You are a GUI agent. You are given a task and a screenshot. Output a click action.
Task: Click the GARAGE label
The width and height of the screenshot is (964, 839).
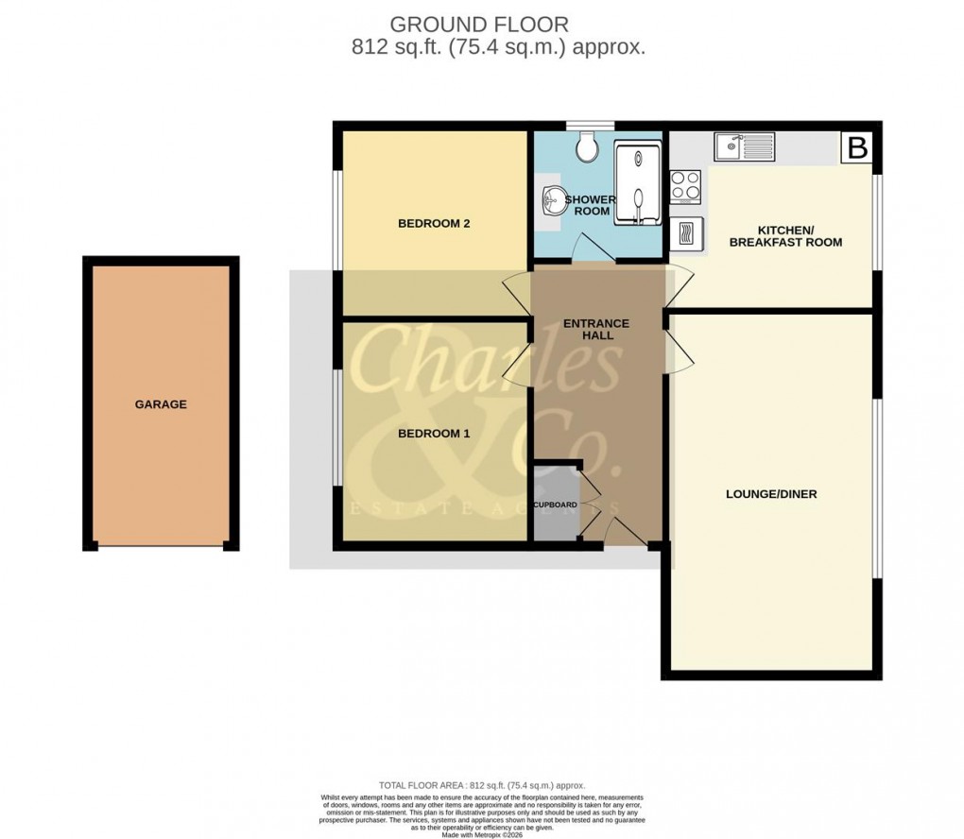point(160,404)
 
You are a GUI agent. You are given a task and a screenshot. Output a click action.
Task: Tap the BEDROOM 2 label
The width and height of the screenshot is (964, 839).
point(434,224)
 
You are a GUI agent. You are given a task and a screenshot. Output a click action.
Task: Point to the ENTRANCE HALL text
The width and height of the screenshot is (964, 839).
point(595,330)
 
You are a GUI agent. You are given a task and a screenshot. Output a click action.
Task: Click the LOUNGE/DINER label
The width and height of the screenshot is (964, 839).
point(771,494)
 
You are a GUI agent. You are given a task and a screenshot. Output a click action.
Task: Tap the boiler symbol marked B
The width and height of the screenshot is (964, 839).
point(857,148)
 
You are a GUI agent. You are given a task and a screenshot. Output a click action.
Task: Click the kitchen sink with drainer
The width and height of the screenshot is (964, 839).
point(745,146)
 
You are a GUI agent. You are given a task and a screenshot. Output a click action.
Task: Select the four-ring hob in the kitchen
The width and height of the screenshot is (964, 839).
point(685,185)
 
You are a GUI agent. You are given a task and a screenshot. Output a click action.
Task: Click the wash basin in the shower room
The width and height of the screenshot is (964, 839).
point(553,199)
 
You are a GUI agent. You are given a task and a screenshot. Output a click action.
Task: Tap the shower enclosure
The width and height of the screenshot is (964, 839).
point(638,183)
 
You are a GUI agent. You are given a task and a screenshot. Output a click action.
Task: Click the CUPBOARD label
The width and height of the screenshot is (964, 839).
point(555,505)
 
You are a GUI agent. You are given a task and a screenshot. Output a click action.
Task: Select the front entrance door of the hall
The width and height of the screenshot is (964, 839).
point(624,533)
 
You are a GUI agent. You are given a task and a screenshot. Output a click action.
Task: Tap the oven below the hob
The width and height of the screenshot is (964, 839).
point(687,233)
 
